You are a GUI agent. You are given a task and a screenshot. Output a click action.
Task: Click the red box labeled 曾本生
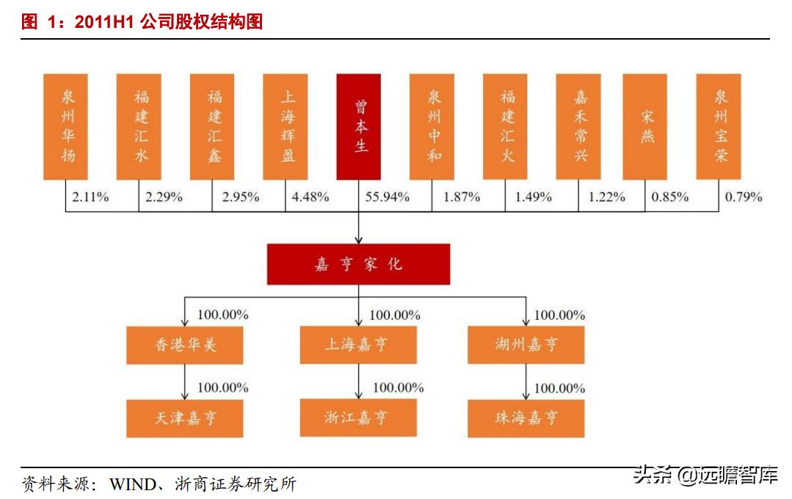point(358,126)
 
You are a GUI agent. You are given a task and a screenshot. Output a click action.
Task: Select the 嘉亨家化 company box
point(358,265)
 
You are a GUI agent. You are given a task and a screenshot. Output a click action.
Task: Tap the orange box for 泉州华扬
point(65,126)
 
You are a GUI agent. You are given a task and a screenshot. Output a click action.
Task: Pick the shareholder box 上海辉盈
point(286,126)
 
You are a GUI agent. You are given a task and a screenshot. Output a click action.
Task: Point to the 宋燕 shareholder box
point(645,126)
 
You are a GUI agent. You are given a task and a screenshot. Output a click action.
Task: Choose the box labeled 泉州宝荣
point(719,126)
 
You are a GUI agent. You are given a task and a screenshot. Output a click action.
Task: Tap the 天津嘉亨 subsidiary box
point(185,418)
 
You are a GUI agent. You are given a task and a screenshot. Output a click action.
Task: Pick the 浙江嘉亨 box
point(358,418)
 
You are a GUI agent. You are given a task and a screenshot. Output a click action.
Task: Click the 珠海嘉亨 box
point(526,418)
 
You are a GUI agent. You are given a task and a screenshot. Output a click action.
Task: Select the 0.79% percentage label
point(744,197)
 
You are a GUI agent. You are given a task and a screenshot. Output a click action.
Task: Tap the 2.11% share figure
point(90,197)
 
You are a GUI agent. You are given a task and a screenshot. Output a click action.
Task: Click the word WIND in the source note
point(132,484)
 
